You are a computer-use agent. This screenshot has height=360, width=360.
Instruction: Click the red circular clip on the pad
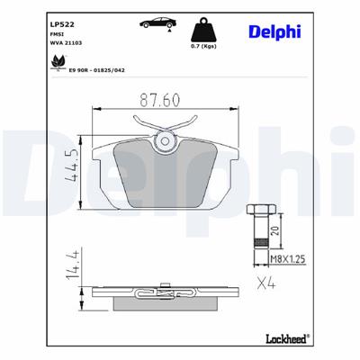click(165, 139)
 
